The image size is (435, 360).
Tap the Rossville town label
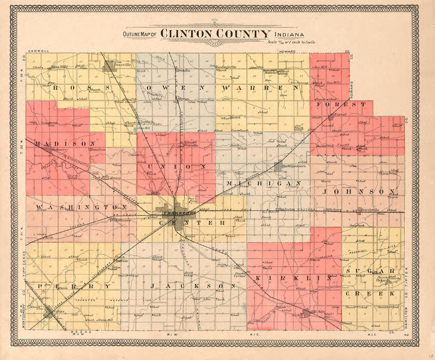[121, 64]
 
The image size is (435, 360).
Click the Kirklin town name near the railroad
[319, 312]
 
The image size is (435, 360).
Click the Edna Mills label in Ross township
[60, 67]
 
